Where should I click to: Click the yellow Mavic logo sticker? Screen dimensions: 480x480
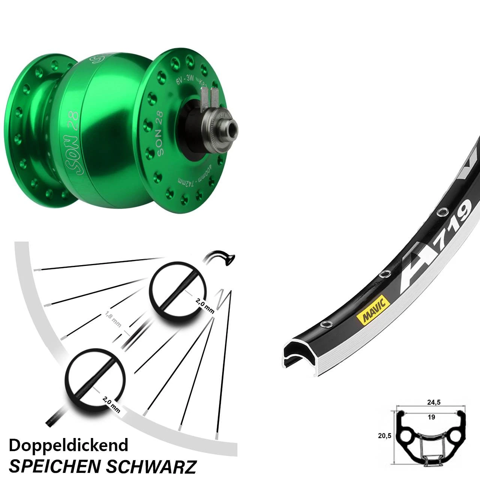373,310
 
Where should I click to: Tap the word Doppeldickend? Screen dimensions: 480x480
68,445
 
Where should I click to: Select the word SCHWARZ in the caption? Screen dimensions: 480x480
151,466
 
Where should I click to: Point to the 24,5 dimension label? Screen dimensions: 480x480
433,402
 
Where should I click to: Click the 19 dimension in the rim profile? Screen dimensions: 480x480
431,417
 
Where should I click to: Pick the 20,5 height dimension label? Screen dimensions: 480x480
384,435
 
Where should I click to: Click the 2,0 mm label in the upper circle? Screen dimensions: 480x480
204,305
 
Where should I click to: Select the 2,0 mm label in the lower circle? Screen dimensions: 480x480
111,405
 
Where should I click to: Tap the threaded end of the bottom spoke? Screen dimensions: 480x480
55,419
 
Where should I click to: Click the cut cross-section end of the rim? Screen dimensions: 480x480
297,354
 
